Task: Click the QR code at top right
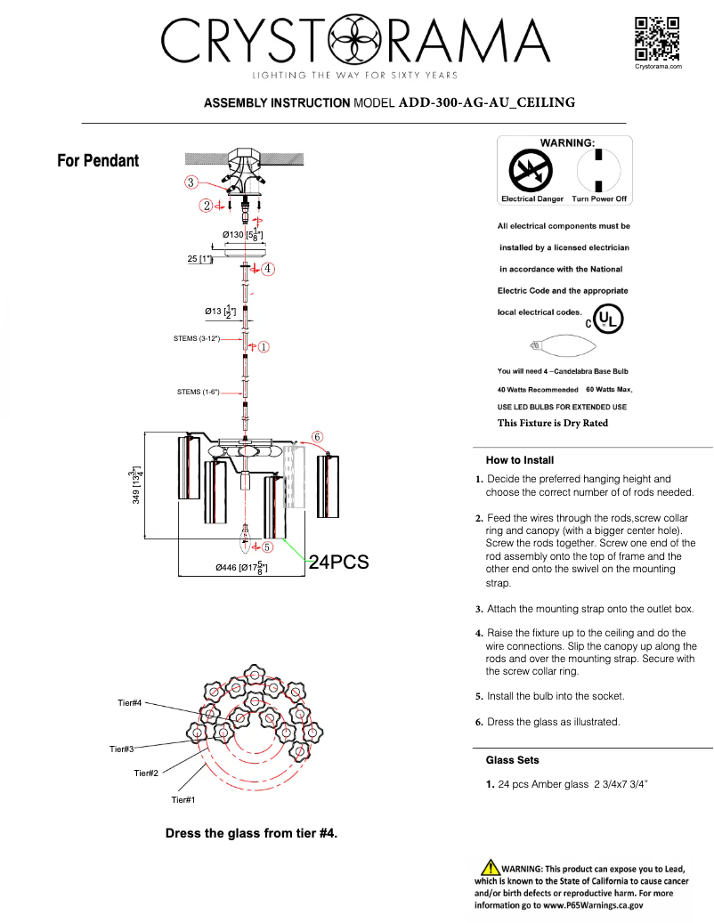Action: [657, 38]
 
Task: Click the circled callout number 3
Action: [191, 182]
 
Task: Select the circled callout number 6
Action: [317, 436]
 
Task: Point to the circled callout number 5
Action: [266, 547]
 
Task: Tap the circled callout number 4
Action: [267, 267]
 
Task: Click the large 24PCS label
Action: [338, 563]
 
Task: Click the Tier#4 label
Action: [130, 703]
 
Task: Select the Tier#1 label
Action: [183, 800]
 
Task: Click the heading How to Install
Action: [519, 460]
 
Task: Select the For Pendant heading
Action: [98, 161]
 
